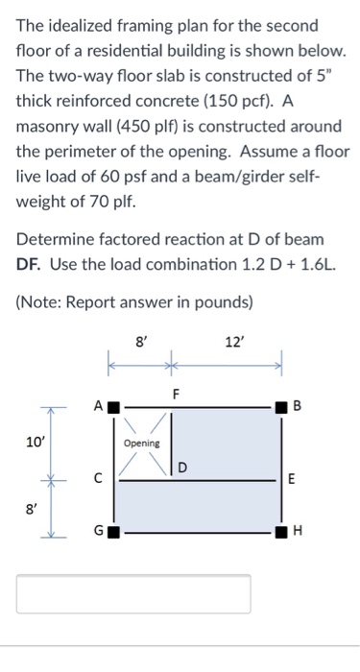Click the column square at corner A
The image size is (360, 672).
(x=113, y=407)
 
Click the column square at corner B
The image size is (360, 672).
(x=281, y=407)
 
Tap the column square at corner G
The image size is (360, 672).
(x=113, y=533)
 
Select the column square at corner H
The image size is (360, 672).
(x=281, y=533)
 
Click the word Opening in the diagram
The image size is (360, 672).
(x=142, y=444)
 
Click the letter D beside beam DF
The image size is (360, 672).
(x=181, y=468)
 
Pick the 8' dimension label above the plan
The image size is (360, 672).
(x=141, y=342)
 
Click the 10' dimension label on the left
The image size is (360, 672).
(x=34, y=443)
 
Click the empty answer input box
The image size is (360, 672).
(x=133, y=594)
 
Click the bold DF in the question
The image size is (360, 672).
(x=30, y=264)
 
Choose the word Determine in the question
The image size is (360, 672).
(x=52, y=239)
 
